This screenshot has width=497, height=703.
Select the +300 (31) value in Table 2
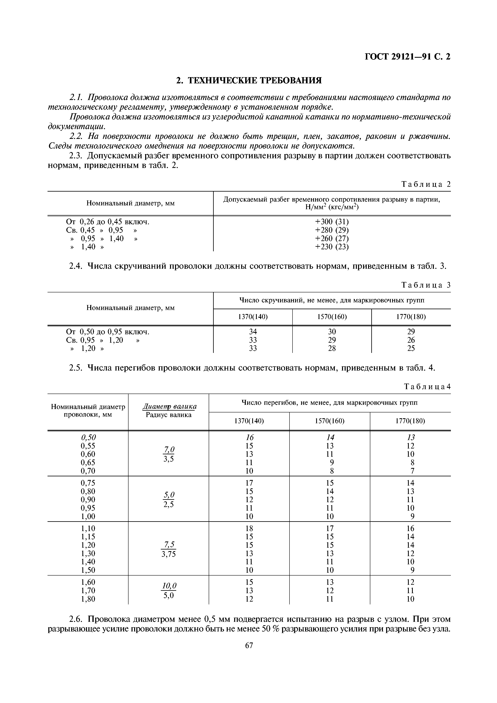(332, 221)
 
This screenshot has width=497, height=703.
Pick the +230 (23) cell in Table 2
(332, 246)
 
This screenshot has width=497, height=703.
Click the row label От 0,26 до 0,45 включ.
(107, 221)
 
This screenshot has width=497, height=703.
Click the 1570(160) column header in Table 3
(332, 317)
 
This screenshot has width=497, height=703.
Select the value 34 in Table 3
(253, 332)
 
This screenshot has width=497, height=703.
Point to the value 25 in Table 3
(411, 348)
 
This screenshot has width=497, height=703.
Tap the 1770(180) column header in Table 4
(410, 421)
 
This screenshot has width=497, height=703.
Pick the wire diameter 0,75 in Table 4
(88, 483)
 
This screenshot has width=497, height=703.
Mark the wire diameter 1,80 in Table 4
(88, 599)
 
